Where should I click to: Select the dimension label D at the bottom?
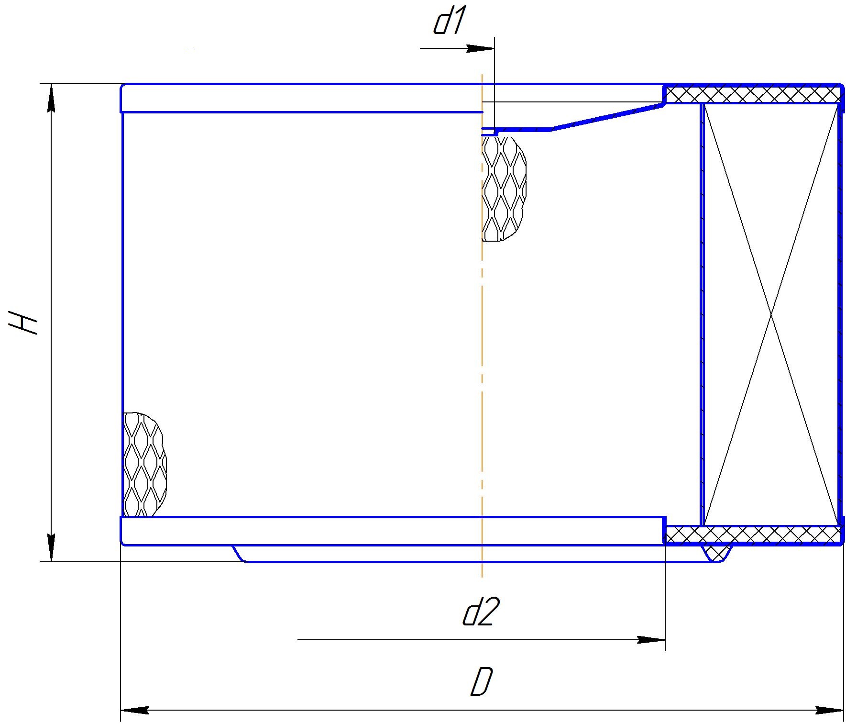(481, 682)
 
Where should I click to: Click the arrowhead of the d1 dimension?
(480, 48)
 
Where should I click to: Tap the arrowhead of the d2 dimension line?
(651, 640)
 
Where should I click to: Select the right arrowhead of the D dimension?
(829, 710)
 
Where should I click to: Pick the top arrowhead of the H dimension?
(52, 98)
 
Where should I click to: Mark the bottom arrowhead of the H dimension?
(52, 547)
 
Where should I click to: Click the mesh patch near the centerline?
(504, 188)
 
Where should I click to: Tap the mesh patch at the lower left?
(145, 465)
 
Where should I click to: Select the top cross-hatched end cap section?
(753, 94)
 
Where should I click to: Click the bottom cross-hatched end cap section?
(753, 535)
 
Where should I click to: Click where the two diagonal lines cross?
(771, 314)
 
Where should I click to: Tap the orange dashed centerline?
(482, 325)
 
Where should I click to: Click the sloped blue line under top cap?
(606, 117)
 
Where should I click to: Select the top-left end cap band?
(301, 98)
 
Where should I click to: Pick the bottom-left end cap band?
(393, 531)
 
